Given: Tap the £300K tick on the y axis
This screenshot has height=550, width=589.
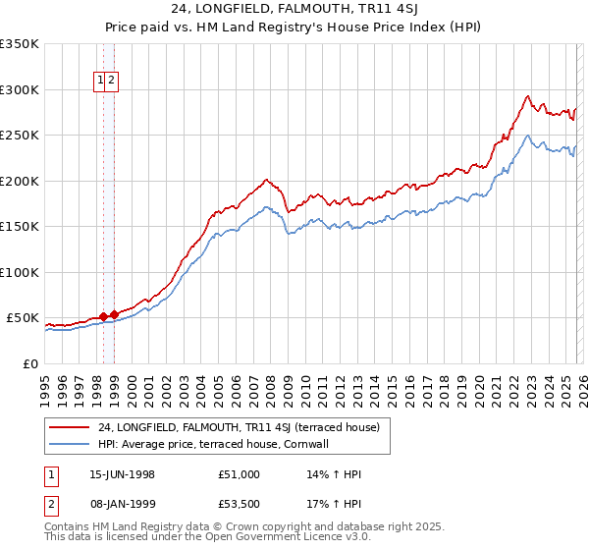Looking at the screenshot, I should coord(20,89).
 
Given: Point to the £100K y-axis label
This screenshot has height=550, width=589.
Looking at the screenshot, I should coord(20,272).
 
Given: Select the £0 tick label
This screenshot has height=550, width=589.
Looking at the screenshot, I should coord(29,363).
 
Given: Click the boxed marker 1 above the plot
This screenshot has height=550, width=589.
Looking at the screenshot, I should coord(101,82).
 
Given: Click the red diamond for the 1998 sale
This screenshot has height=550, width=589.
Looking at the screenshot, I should coord(104,316).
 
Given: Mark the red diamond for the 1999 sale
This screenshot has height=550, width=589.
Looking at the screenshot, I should coord(114,314).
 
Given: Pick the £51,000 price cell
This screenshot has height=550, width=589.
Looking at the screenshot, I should coord(240,474).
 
